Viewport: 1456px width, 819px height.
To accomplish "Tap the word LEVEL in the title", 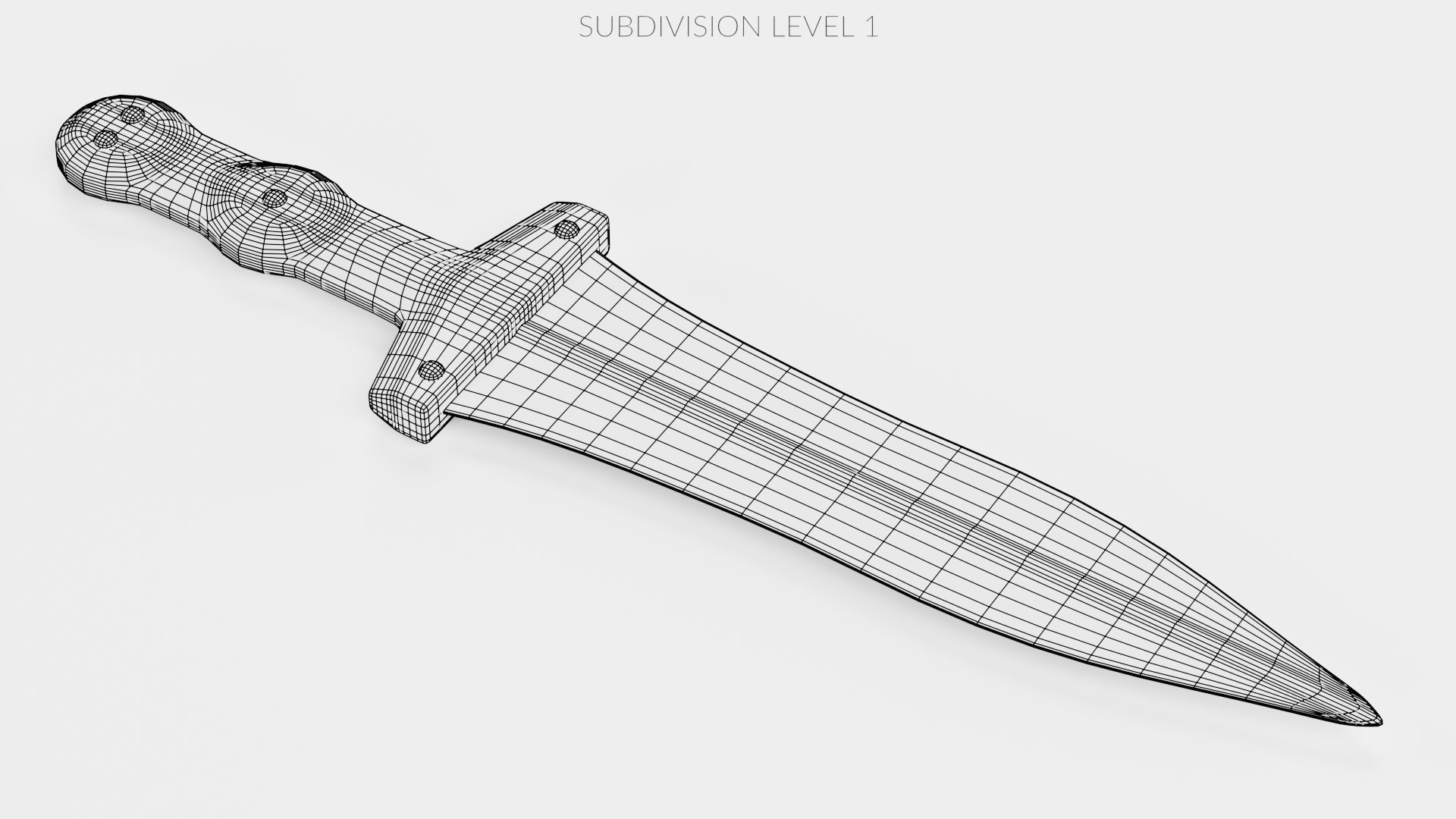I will pos(809,27).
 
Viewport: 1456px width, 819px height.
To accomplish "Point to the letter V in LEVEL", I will pos(810,27).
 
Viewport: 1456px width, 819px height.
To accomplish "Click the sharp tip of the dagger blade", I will pos(1379,722).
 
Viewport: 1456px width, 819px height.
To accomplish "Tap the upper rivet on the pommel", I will pos(133,115).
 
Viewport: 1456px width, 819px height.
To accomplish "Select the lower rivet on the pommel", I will pos(105,137).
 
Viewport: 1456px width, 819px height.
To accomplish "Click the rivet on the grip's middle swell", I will pos(273,199).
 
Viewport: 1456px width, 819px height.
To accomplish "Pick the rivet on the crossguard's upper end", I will pos(566,228).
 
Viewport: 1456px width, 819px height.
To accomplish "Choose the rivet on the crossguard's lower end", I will pos(431,370).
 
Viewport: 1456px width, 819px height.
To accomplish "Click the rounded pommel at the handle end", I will pos(99,144).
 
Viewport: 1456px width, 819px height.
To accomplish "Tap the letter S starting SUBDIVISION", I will pos(585,27).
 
